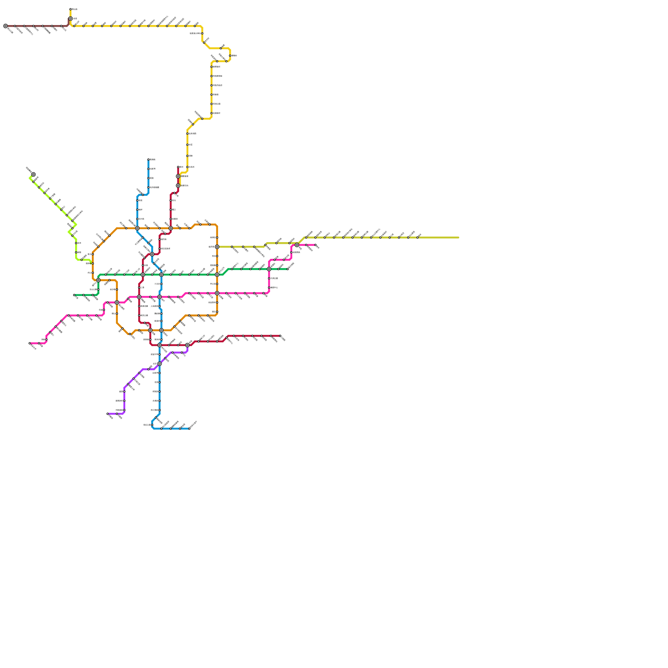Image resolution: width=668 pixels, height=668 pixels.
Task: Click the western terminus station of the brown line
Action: coord(5,26)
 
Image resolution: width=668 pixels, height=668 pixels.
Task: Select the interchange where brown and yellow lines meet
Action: coord(71,19)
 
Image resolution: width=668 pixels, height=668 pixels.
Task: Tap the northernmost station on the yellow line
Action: coord(71,9)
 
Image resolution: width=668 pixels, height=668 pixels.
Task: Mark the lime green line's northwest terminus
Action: coord(33,175)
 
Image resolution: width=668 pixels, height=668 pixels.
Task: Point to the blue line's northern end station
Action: coord(149,159)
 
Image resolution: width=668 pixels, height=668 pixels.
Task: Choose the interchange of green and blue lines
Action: coord(162,275)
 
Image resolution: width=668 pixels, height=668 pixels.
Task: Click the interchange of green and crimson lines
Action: coord(143,275)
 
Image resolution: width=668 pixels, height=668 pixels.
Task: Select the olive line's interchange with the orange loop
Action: coord(217,247)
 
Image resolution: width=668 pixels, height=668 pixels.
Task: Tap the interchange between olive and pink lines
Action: coord(297,245)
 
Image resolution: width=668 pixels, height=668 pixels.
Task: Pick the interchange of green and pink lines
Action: coord(269,269)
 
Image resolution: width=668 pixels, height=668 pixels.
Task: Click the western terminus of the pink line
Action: coord(30,343)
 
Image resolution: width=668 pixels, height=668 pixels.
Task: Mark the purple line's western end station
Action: coord(108,414)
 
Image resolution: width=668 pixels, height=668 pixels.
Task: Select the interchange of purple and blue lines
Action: coord(159,364)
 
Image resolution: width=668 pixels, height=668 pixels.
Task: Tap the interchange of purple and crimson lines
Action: coord(187,345)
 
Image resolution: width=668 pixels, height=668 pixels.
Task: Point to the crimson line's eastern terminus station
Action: coord(280,336)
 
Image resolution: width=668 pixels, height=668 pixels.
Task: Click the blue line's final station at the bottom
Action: coord(189,428)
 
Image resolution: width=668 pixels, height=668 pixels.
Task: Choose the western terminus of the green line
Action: coord(74,295)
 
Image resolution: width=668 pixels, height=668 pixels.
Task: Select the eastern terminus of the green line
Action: coord(288,269)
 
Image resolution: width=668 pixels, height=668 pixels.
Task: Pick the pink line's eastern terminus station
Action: coord(316,245)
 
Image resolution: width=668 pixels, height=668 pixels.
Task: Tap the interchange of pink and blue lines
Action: coord(159,297)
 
